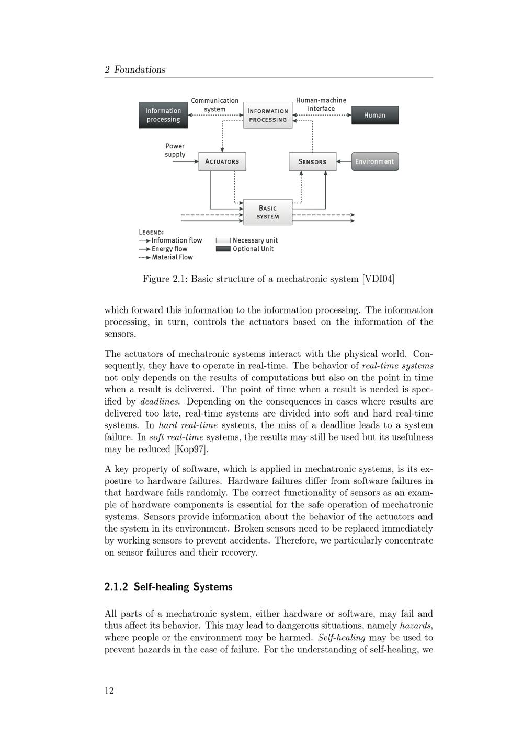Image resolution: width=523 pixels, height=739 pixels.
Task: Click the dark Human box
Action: [374, 115]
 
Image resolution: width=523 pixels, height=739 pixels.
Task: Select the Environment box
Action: [374, 161]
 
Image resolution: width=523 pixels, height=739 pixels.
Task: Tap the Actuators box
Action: [222, 161]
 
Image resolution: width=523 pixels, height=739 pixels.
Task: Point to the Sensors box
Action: [312, 161]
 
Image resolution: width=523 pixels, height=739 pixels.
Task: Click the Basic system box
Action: [268, 212]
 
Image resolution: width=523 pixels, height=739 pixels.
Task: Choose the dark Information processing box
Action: [163, 115]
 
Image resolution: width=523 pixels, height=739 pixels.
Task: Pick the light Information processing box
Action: [268, 115]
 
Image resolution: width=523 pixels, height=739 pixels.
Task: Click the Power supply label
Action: [175, 150]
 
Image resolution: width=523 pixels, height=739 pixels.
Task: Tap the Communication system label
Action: [214, 105]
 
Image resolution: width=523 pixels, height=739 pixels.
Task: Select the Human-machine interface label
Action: [321, 105]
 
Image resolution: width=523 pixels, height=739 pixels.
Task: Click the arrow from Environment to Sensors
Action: [344, 161]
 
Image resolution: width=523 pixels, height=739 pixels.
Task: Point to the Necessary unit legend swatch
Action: [223, 240]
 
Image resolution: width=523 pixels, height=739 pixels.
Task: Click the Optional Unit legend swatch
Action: [223, 249]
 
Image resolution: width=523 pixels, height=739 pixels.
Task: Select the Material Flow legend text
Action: [172, 257]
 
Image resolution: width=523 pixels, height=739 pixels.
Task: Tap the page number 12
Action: [109, 690]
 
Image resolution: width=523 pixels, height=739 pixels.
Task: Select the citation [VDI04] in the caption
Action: [378, 279]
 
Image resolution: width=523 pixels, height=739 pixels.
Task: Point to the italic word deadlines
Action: [160, 401]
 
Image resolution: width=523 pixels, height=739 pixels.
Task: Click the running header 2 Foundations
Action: [135, 70]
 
